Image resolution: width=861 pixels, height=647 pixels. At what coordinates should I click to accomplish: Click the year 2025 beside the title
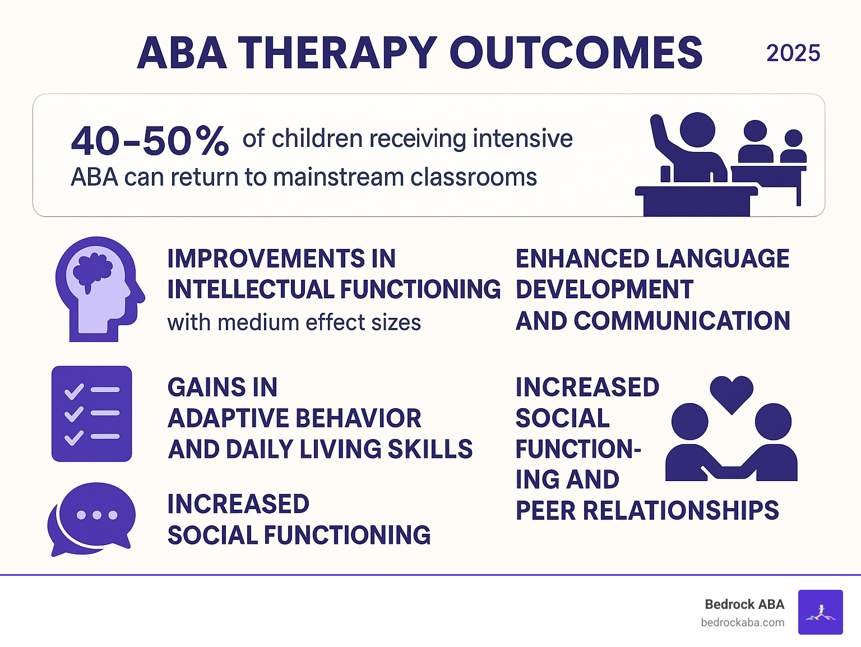(793, 53)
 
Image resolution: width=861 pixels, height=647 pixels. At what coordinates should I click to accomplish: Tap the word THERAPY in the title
(337, 53)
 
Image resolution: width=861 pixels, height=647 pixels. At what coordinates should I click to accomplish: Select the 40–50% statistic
(150, 141)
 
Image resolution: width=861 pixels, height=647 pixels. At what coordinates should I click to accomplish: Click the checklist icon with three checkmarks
(92, 414)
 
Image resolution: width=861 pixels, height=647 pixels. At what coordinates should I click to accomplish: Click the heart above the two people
(731, 393)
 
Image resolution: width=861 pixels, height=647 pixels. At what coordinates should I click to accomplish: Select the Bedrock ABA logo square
(820, 612)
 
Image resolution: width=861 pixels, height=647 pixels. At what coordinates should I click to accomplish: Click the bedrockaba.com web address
(742, 622)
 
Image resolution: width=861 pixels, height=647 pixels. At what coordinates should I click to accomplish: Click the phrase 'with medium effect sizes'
(294, 323)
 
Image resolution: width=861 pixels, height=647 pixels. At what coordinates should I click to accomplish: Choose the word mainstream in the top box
(339, 177)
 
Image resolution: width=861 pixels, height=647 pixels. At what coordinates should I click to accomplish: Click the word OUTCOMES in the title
(576, 53)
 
